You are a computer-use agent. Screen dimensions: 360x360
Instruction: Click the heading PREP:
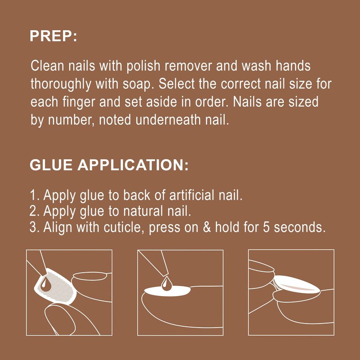pos(53,36)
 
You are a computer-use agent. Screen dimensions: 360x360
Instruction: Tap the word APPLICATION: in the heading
pos(133,165)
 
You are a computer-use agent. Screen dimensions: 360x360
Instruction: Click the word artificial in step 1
pos(192,195)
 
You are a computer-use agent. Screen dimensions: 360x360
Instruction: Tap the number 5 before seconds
pos(266,228)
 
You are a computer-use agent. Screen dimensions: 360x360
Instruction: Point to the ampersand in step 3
pos(207,228)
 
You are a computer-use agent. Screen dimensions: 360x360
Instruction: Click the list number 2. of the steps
pos(35,211)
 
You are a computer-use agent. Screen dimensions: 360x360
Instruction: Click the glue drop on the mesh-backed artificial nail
pos(46,284)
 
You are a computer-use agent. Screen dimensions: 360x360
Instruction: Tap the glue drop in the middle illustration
pos(166,284)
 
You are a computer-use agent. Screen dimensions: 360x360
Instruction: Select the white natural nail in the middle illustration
pos(167,291)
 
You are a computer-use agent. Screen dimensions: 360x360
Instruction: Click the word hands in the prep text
pos(293,66)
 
